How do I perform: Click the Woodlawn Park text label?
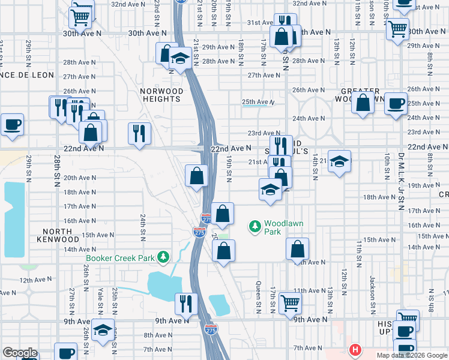pos(275,227)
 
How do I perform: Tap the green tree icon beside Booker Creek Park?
pos(162,258)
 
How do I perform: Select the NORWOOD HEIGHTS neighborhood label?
pos(161,95)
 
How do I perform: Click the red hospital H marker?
pos(355,349)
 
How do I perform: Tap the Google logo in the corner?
pos(20,353)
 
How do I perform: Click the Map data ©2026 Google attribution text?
pos(412,355)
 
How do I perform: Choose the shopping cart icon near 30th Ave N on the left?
pos(80,17)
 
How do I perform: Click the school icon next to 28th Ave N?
pos(179,59)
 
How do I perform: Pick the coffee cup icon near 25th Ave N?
pos(395,103)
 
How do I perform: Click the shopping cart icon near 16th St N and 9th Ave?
pos(290,304)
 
